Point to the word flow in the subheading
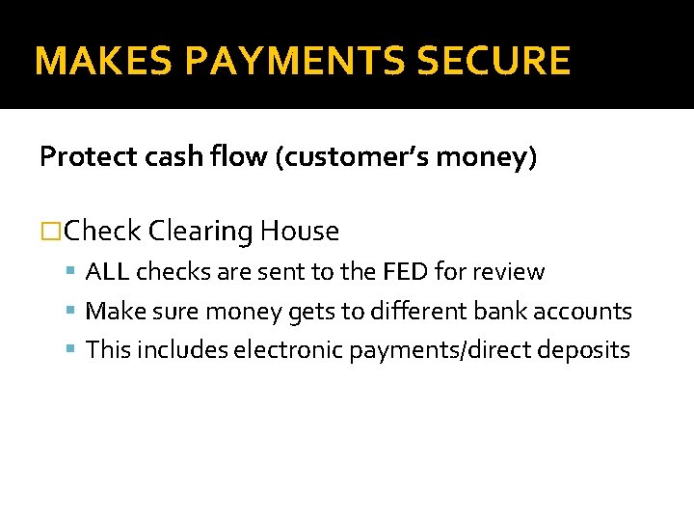pos(242,157)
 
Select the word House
pos(300,232)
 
